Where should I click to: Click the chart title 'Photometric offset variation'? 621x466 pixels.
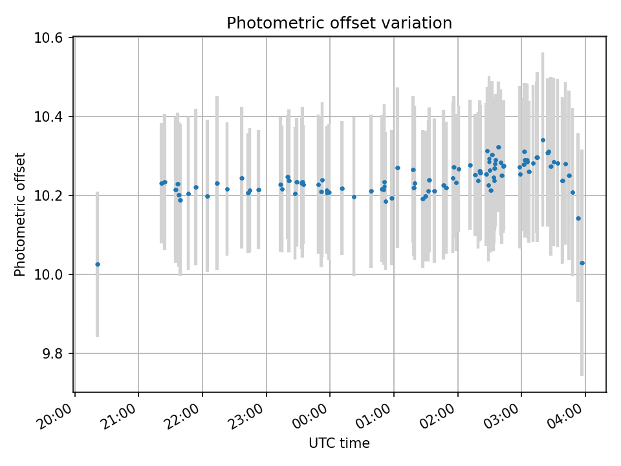pos(339,23)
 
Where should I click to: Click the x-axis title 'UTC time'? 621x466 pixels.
pos(339,443)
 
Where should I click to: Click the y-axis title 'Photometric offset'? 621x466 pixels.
pos(20,214)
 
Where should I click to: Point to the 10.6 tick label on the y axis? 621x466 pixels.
pos(49,38)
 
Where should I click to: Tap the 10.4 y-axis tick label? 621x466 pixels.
pos(49,116)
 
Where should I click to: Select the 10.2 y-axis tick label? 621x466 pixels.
pos(49,195)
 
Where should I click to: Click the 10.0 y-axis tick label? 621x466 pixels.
pos(49,274)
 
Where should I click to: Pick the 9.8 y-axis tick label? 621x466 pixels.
pos(52,353)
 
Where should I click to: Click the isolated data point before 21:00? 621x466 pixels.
pos(98,264)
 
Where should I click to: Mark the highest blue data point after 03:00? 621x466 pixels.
pos(543,140)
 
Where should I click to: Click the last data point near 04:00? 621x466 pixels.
pos(582,263)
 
